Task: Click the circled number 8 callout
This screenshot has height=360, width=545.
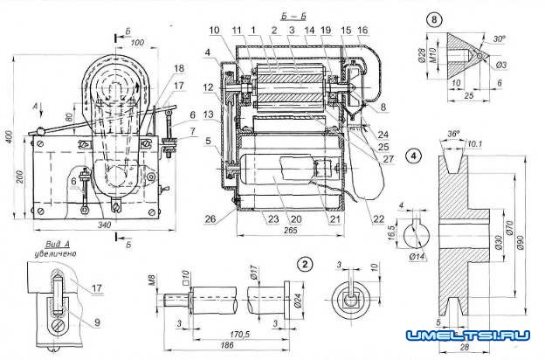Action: [x=433, y=18]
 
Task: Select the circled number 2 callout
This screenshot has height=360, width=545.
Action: [x=303, y=262]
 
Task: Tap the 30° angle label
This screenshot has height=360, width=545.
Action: [x=499, y=38]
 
